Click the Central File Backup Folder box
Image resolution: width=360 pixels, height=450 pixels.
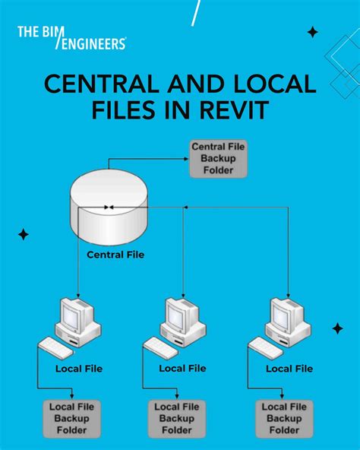click(218, 158)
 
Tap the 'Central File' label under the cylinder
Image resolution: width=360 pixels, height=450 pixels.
click(115, 255)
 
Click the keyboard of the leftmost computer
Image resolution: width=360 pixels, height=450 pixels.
click(55, 348)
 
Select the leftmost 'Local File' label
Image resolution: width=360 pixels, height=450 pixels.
click(79, 369)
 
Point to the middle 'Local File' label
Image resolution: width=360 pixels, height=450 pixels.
click(182, 368)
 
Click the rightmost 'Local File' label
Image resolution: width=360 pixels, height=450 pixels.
click(289, 369)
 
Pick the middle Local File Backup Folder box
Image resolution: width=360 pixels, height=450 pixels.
click(178, 417)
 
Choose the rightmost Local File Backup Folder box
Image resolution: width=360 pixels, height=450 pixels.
click(284, 417)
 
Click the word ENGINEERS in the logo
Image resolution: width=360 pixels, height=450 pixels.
click(93, 45)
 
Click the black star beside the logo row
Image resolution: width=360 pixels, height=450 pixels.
click(312, 32)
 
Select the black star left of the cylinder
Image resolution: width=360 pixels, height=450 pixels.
click(24, 234)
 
